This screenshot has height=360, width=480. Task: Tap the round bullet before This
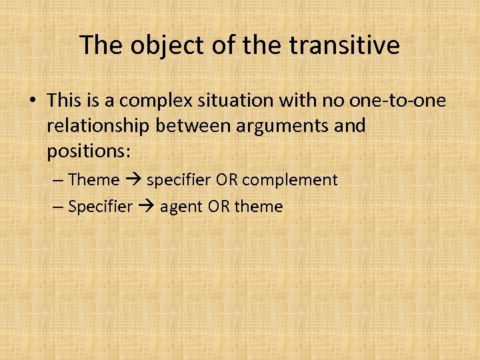pyautogui.click(x=31, y=101)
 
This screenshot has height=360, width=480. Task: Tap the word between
pyautogui.click(x=191, y=126)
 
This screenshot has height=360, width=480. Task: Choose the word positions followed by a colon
pyautogui.click(x=89, y=151)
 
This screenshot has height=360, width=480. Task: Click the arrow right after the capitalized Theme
pyautogui.click(x=133, y=180)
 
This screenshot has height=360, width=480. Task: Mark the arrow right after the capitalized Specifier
pyautogui.click(x=147, y=207)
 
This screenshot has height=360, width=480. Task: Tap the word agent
pyautogui.click(x=181, y=207)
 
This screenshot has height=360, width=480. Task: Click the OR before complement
pyautogui.click(x=251, y=180)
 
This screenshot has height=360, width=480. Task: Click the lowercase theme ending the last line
pyautogui.click(x=258, y=207)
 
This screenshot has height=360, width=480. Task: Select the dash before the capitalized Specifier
pyautogui.click(x=57, y=207)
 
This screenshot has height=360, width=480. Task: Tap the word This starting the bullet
pyautogui.click(x=63, y=101)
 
